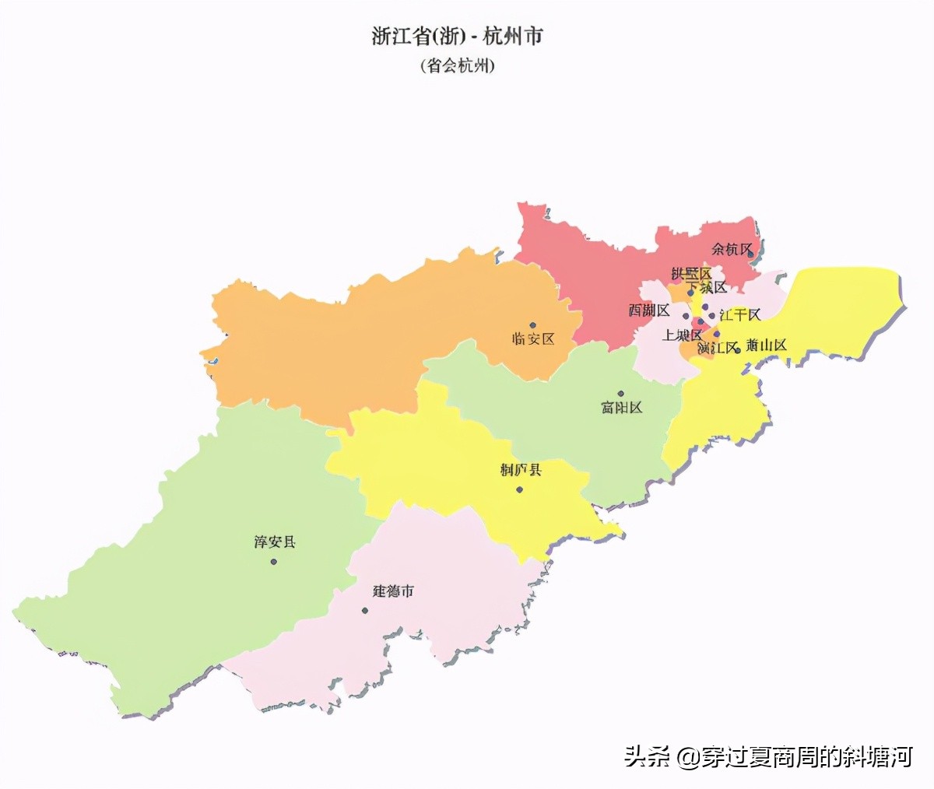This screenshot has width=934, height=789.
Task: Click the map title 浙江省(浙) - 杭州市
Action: [457, 37]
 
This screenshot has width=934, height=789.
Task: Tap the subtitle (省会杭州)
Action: [457, 65]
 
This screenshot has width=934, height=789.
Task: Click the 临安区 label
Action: [533, 339]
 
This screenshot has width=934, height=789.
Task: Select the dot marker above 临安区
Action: [533, 325]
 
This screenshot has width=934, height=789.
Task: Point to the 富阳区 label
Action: [621, 408]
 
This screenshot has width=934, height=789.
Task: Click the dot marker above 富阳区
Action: [621, 394]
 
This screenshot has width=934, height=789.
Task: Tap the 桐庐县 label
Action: [521, 470]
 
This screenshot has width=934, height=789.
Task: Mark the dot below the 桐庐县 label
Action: [519, 489]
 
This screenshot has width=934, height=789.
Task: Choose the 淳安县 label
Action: [275, 542]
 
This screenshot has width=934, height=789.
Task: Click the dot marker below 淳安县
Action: [274, 561]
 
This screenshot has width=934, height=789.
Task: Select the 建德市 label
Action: [393, 591]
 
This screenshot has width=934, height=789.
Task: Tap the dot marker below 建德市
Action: [364, 610]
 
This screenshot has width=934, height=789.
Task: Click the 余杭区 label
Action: [732, 250]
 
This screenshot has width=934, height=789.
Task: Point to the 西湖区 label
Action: [649, 310]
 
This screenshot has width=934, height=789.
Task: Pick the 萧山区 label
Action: [766, 345]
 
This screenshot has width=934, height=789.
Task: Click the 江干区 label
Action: [739, 315]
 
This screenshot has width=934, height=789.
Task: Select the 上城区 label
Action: [682, 335]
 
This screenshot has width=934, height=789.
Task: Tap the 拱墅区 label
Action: [691, 274]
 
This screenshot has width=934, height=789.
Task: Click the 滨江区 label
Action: [717, 348]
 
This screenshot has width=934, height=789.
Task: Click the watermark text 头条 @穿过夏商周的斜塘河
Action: [767, 756]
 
